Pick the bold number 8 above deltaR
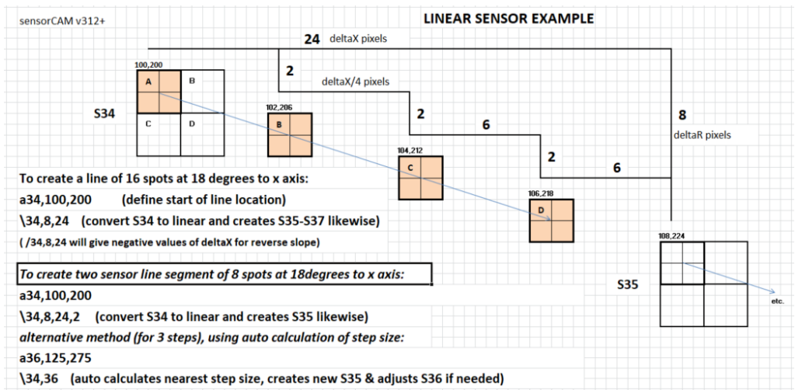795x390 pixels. [682, 115]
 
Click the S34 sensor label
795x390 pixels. [104, 113]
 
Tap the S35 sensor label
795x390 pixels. [627, 286]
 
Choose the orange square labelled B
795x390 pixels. [289, 136]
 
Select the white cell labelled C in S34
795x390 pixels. [159, 135]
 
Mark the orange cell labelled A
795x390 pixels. [159, 92]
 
